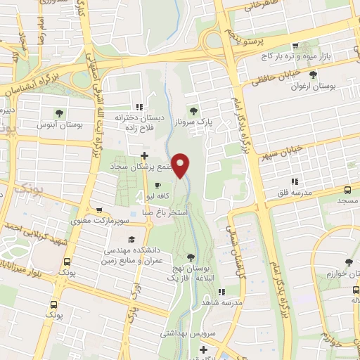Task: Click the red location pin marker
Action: [x=181, y=166]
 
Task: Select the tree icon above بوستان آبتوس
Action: [x=58, y=112]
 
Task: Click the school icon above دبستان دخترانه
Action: [x=139, y=107]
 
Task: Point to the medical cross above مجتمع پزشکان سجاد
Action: [x=145, y=155]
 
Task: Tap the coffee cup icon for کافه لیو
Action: [x=157, y=186]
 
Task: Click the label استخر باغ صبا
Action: [x=166, y=210]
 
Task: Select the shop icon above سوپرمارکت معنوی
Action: [x=98, y=210]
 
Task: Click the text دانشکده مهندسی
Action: [x=134, y=250]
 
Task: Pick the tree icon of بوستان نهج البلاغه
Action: [x=193, y=257]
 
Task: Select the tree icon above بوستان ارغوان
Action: [x=312, y=73]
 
